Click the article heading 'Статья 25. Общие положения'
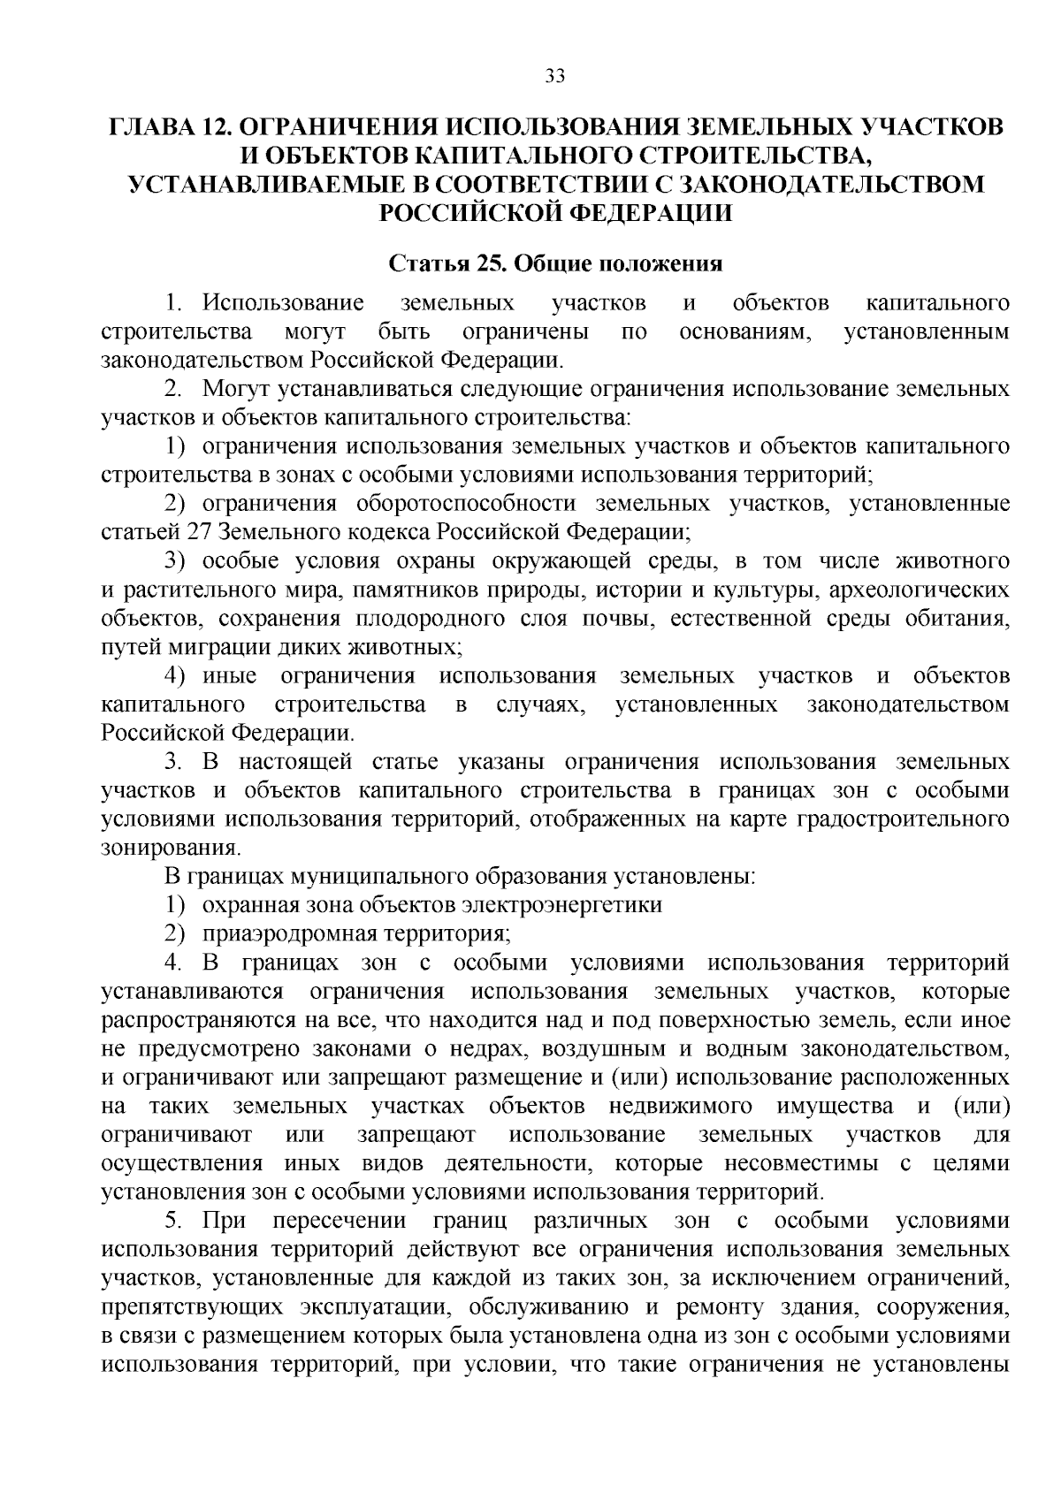[556, 264]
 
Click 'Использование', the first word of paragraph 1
[283, 304]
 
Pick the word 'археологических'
[927, 590]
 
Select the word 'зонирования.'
[170, 848]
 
